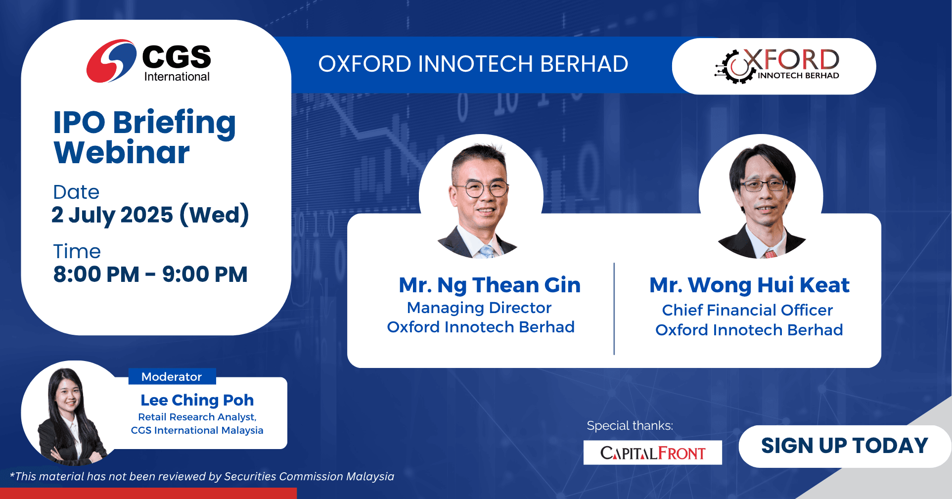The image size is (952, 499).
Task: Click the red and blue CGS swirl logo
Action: coord(111,61)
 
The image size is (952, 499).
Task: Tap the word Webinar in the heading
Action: coord(122,152)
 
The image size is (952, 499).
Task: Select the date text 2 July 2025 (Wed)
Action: coord(150,215)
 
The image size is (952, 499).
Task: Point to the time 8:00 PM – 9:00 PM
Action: coord(150,274)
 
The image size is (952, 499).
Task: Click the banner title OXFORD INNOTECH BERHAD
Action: coord(473,64)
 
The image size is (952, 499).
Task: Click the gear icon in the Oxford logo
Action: coord(734,67)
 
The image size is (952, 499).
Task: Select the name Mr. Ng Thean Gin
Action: coord(490,285)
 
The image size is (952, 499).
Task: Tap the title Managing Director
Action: coord(479,308)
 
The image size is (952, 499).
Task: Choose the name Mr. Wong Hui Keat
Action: coord(749,285)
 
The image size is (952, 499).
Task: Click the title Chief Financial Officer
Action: coord(747,310)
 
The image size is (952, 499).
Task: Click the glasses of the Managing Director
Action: coord(480,188)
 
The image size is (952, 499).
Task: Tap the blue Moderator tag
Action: coord(172,376)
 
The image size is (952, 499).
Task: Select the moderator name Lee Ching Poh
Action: coord(197,400)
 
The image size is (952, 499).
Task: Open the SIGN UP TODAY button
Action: coord(845,446)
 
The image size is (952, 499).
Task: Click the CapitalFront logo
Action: coord(652,453)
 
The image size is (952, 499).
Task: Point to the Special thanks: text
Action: coord(630,425)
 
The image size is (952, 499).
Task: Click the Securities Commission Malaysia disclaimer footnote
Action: coord(202,476)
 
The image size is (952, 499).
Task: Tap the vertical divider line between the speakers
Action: coord(614,309)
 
